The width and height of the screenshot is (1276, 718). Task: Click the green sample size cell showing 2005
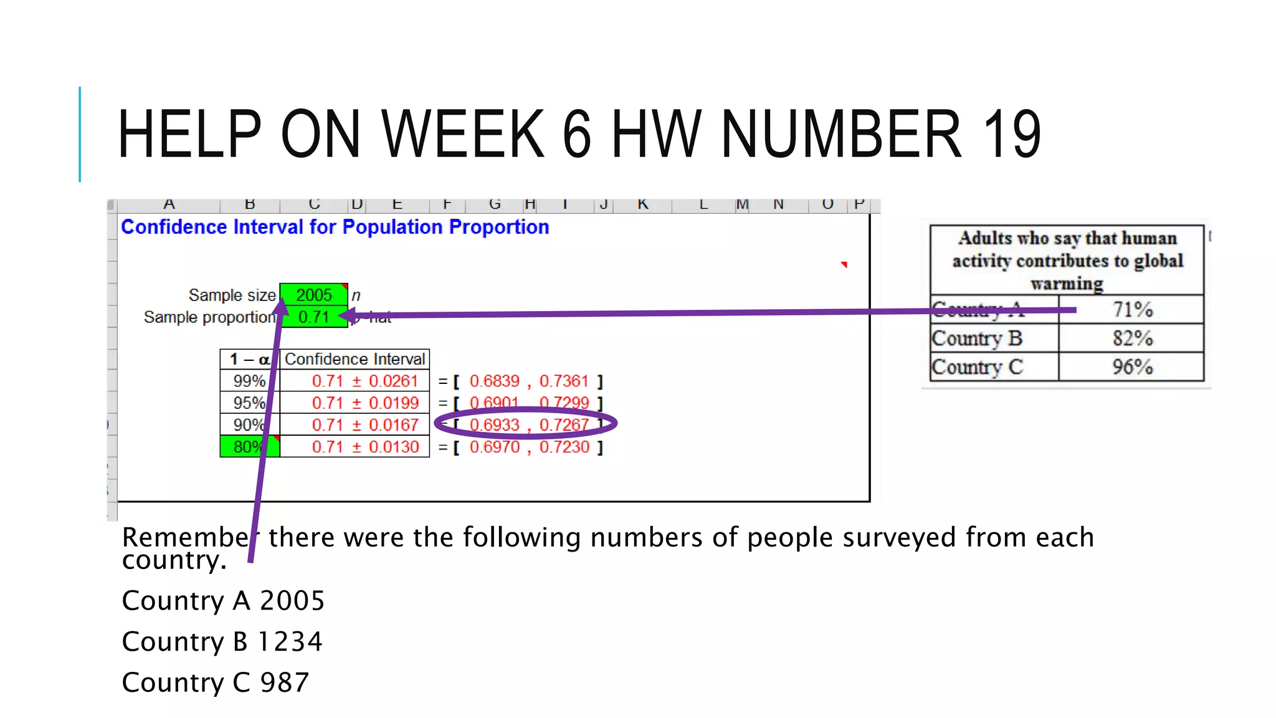click(313, 295)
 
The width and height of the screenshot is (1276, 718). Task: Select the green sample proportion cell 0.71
click(313, 317)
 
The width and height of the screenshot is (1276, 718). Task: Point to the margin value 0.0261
click(393, 381)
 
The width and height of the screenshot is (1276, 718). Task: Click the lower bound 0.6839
click(494, 381)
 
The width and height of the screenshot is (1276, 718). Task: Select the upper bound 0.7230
click(564, 447)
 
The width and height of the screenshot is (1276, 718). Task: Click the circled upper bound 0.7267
click(564, 425)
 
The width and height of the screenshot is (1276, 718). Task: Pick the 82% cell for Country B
click(1132, 338)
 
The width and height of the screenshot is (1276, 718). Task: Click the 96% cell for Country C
click(1132, 367)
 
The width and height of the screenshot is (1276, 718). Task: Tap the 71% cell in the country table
click(1132, 310)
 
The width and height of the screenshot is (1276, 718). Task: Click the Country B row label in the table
click(977, 338)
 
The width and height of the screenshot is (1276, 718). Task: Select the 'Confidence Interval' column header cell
click(355, 360)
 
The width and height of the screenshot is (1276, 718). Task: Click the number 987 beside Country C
click(284, 683)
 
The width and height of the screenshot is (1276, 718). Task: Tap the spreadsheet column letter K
click(643, 204)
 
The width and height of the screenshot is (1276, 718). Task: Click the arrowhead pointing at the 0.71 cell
click(346, 317)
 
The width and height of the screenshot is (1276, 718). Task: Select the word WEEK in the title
click(464, 133)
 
